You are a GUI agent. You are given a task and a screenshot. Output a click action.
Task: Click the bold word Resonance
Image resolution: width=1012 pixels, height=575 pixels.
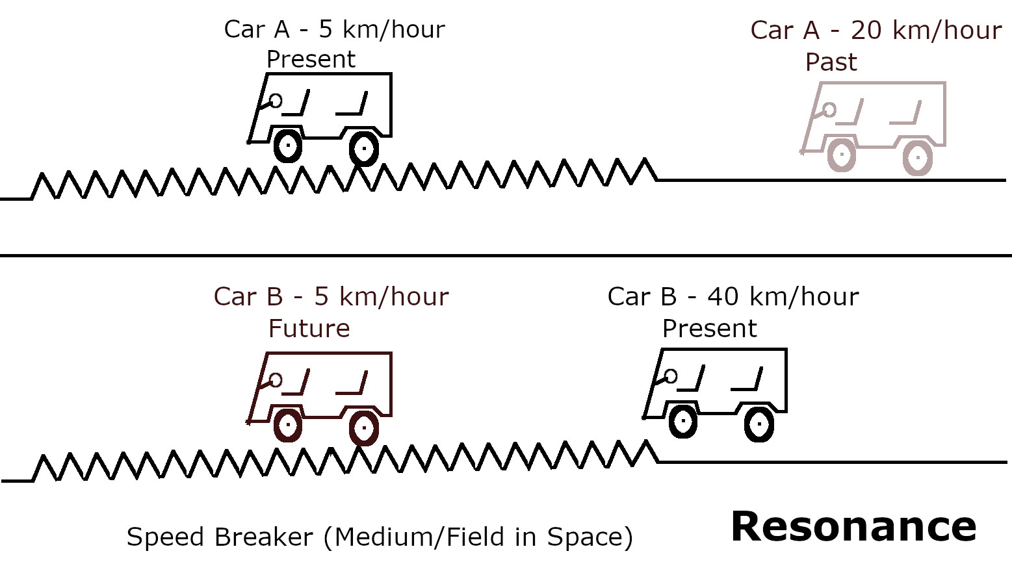pos(853,527)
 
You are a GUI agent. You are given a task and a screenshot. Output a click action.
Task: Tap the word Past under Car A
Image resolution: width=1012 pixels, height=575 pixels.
pos(831,62)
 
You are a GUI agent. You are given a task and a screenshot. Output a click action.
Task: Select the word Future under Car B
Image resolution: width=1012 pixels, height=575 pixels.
pos(309,329)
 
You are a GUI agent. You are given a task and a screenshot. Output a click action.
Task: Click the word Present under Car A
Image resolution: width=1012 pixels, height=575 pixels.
pos(311,59)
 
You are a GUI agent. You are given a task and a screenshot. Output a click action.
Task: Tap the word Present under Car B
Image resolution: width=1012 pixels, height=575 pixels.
pos(709,329)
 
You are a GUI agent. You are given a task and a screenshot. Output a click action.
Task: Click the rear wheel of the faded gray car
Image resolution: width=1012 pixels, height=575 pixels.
pos(918,157)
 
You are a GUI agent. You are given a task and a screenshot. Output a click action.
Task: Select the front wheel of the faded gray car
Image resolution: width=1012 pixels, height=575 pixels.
pos(842,155)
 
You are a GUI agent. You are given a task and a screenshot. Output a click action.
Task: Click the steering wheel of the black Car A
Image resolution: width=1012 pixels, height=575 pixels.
pos(276,101)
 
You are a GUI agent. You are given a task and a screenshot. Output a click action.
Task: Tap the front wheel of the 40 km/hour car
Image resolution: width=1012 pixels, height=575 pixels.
pos(683,422)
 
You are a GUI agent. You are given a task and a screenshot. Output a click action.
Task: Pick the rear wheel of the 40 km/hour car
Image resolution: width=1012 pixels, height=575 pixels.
pos(759,424)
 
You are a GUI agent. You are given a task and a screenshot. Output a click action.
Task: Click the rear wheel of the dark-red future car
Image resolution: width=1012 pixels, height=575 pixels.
pos(364,428)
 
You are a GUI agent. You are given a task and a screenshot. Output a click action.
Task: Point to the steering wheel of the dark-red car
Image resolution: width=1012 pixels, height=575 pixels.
pos(276,380)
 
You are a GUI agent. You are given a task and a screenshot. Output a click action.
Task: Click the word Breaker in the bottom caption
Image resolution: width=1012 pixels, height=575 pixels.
pos(264,537)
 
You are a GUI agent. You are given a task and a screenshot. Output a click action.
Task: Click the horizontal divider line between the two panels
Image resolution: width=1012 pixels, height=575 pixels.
pos(506,255)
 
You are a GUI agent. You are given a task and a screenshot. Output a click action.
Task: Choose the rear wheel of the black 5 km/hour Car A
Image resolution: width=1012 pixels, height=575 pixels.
pos(364,148)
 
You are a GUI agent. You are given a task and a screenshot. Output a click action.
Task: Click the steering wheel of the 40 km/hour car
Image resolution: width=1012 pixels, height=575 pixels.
pos(671,376)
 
